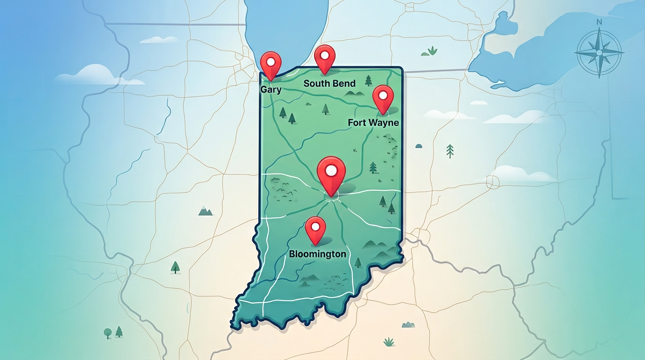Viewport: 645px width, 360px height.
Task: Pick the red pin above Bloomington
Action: pyautogui.click(x=315, y=228)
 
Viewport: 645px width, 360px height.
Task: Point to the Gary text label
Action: pyautogui.click(x=271, y=89)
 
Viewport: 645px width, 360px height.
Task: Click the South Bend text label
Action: pyautogui.click(x=330, y=83)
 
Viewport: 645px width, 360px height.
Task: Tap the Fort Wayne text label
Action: pyautogui.click(x=374, y=123)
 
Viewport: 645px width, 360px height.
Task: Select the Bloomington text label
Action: pyautogui.click(x=318, y=254)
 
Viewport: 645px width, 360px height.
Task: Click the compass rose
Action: pyautogui.click(x=599, y=52)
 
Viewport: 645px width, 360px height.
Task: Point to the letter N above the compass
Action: pyautogui.click(x=599, y=22)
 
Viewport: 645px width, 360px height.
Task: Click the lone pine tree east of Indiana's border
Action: pyautogui.click(x=450, y=150)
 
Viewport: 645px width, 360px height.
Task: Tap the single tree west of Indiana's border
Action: pyautogui.click(x=175, y=267)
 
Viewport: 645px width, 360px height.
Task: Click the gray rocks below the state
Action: pyautogui.click(x=408, y=324)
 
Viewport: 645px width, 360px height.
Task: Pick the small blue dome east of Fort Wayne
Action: pyautogui.click(x=419, y=146)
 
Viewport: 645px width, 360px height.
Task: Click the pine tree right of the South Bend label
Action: pyautogui.click(x=368, y=81)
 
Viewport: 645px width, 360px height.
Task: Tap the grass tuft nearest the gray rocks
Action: pyautogui.click(x=389, y=342)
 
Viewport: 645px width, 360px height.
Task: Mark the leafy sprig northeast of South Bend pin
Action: pyautogui.click(x=432, y=50)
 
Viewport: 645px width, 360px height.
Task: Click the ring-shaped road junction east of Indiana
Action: pyautogui.click(x=493, y=182)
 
